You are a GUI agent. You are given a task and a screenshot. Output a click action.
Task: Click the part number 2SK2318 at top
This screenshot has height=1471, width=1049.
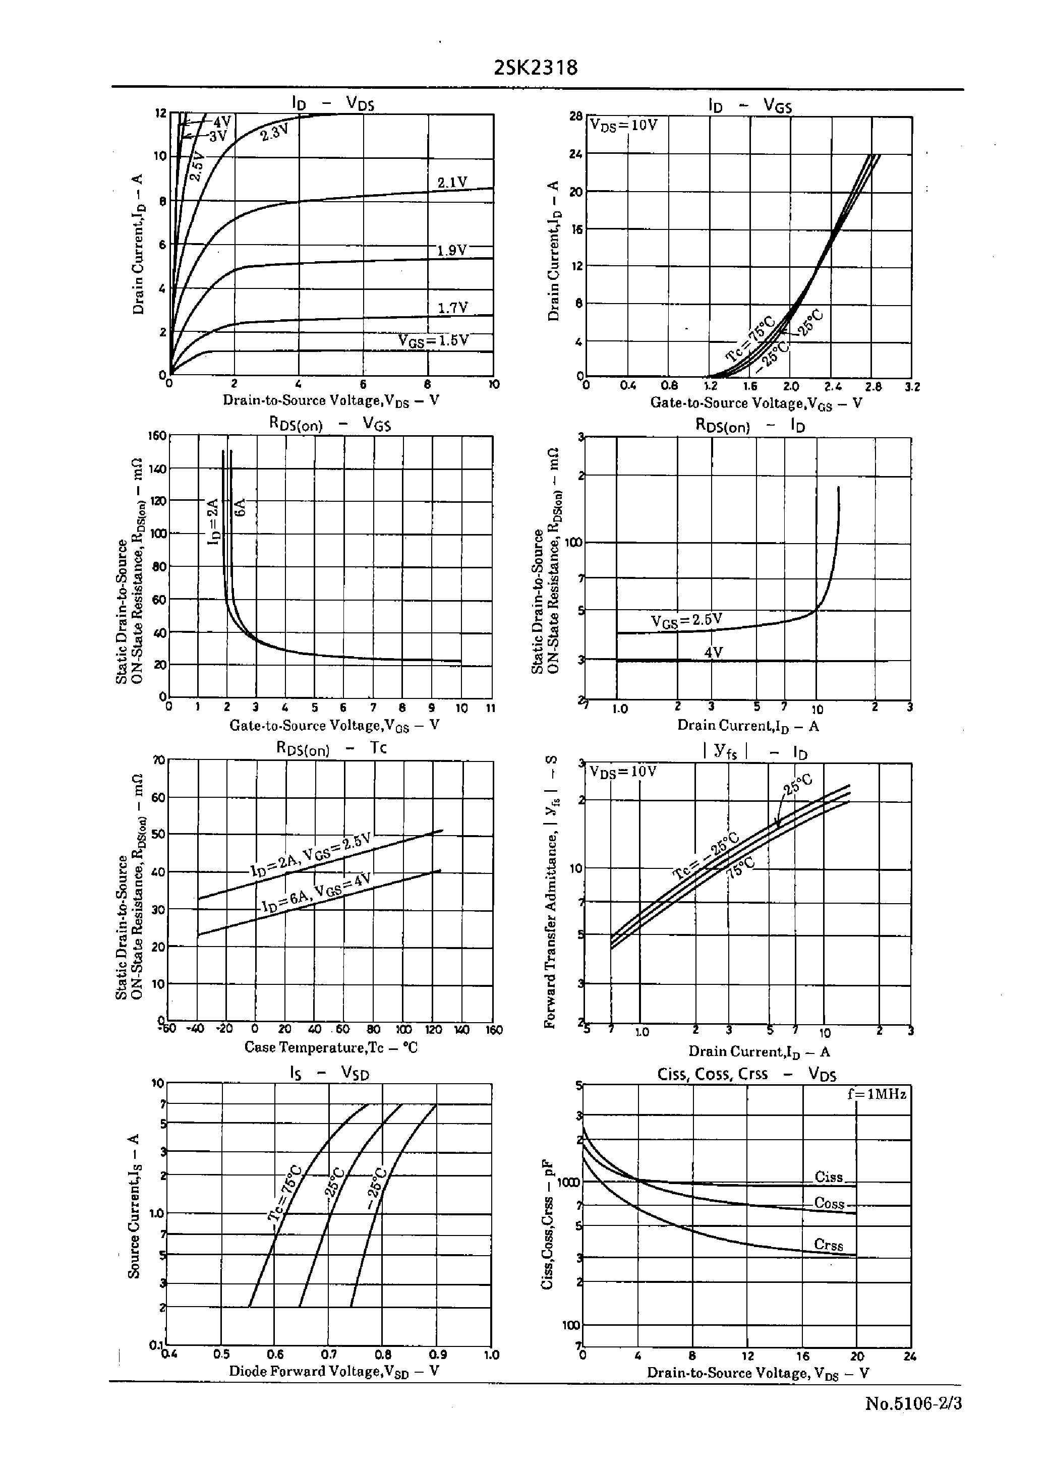(x=536, y=68)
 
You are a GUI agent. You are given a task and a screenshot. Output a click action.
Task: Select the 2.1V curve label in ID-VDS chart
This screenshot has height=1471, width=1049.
(x=452, y=183)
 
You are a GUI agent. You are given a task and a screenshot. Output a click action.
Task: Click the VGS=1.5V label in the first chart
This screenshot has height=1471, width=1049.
(x=433, y=340)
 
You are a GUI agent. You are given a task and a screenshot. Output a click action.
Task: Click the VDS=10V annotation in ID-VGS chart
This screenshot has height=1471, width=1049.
(x=624, y=125)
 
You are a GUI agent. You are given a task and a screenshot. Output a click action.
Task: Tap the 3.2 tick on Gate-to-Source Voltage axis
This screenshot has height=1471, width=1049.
(x=912, y=387)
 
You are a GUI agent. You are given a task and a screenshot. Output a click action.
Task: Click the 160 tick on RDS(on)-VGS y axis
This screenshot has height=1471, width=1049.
(x=157, y=436)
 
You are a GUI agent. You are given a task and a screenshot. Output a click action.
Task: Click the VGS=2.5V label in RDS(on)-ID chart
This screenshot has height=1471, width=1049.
(x=686, y=621)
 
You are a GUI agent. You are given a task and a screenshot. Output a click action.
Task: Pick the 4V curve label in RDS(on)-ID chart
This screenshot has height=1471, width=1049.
(x=713, y=653)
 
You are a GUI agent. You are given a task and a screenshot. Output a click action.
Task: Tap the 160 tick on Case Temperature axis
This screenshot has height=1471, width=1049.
(x=494, y=1030)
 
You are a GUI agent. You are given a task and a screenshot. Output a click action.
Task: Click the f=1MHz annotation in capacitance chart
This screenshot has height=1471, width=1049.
(x=877, y=1094)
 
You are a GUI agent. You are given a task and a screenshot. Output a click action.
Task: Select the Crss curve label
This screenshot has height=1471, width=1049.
(x=829, y=1245)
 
